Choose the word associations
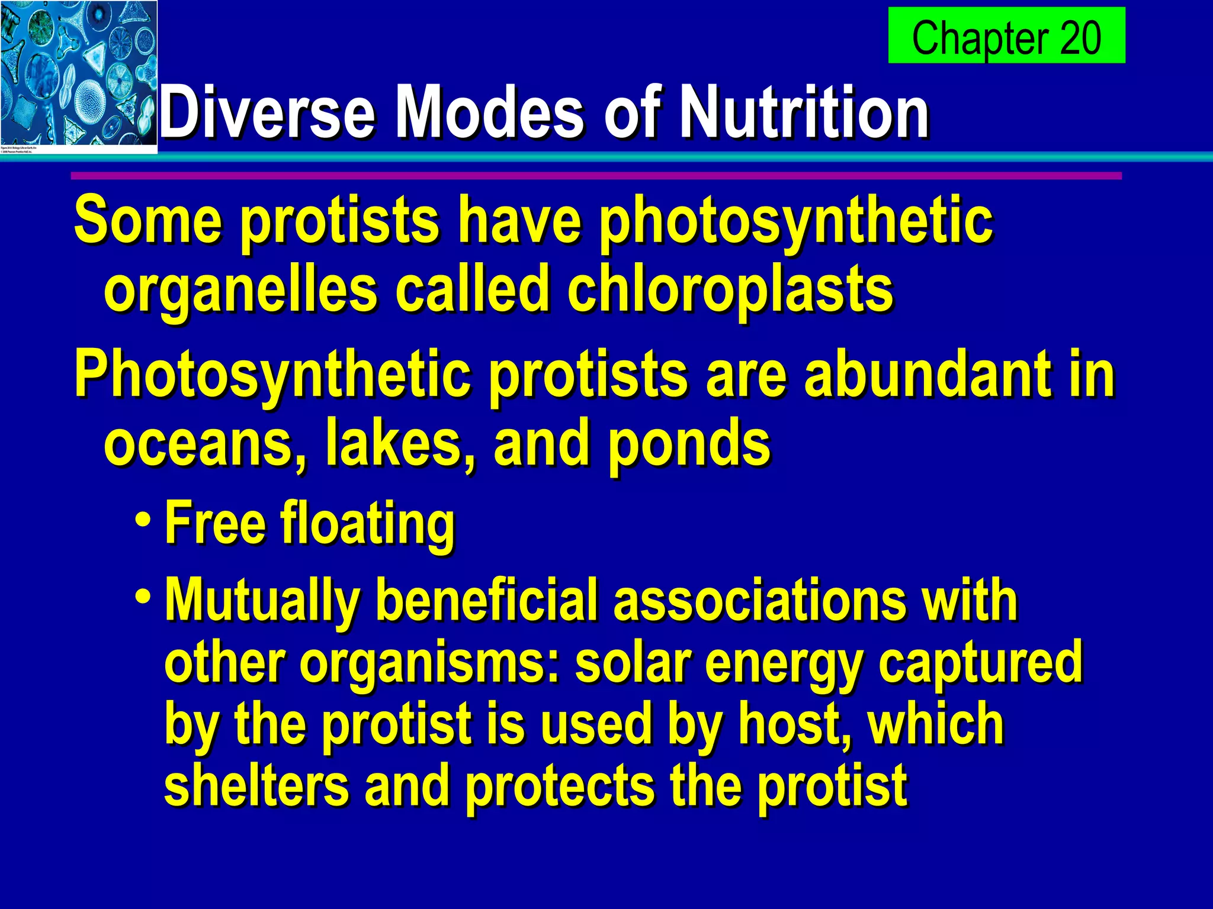click(759, 600)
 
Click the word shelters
click(256, 785)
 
